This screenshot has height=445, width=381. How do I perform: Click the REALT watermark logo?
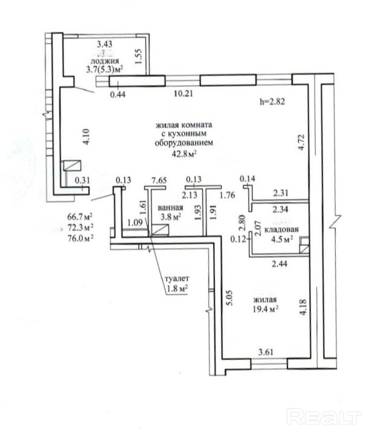(x=324, y=417)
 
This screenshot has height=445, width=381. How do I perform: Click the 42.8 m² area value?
(x=185, y=154)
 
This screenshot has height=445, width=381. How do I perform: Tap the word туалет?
(x=178, y=278)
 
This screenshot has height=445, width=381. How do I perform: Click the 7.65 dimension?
(x=159, y=180)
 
